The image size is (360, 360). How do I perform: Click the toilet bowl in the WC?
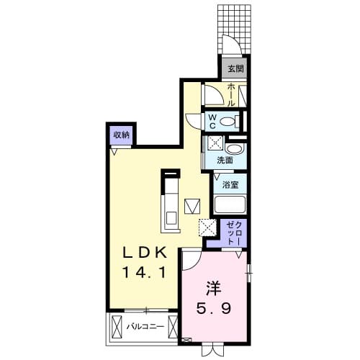[230, 122]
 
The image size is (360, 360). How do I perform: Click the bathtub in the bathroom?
[230, 202]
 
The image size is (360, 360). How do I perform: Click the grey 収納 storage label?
[121, 135]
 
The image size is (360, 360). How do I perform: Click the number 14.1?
[143, 273]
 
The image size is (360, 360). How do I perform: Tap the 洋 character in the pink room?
[214, 289]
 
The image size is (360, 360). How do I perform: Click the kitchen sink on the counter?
[171, 216]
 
